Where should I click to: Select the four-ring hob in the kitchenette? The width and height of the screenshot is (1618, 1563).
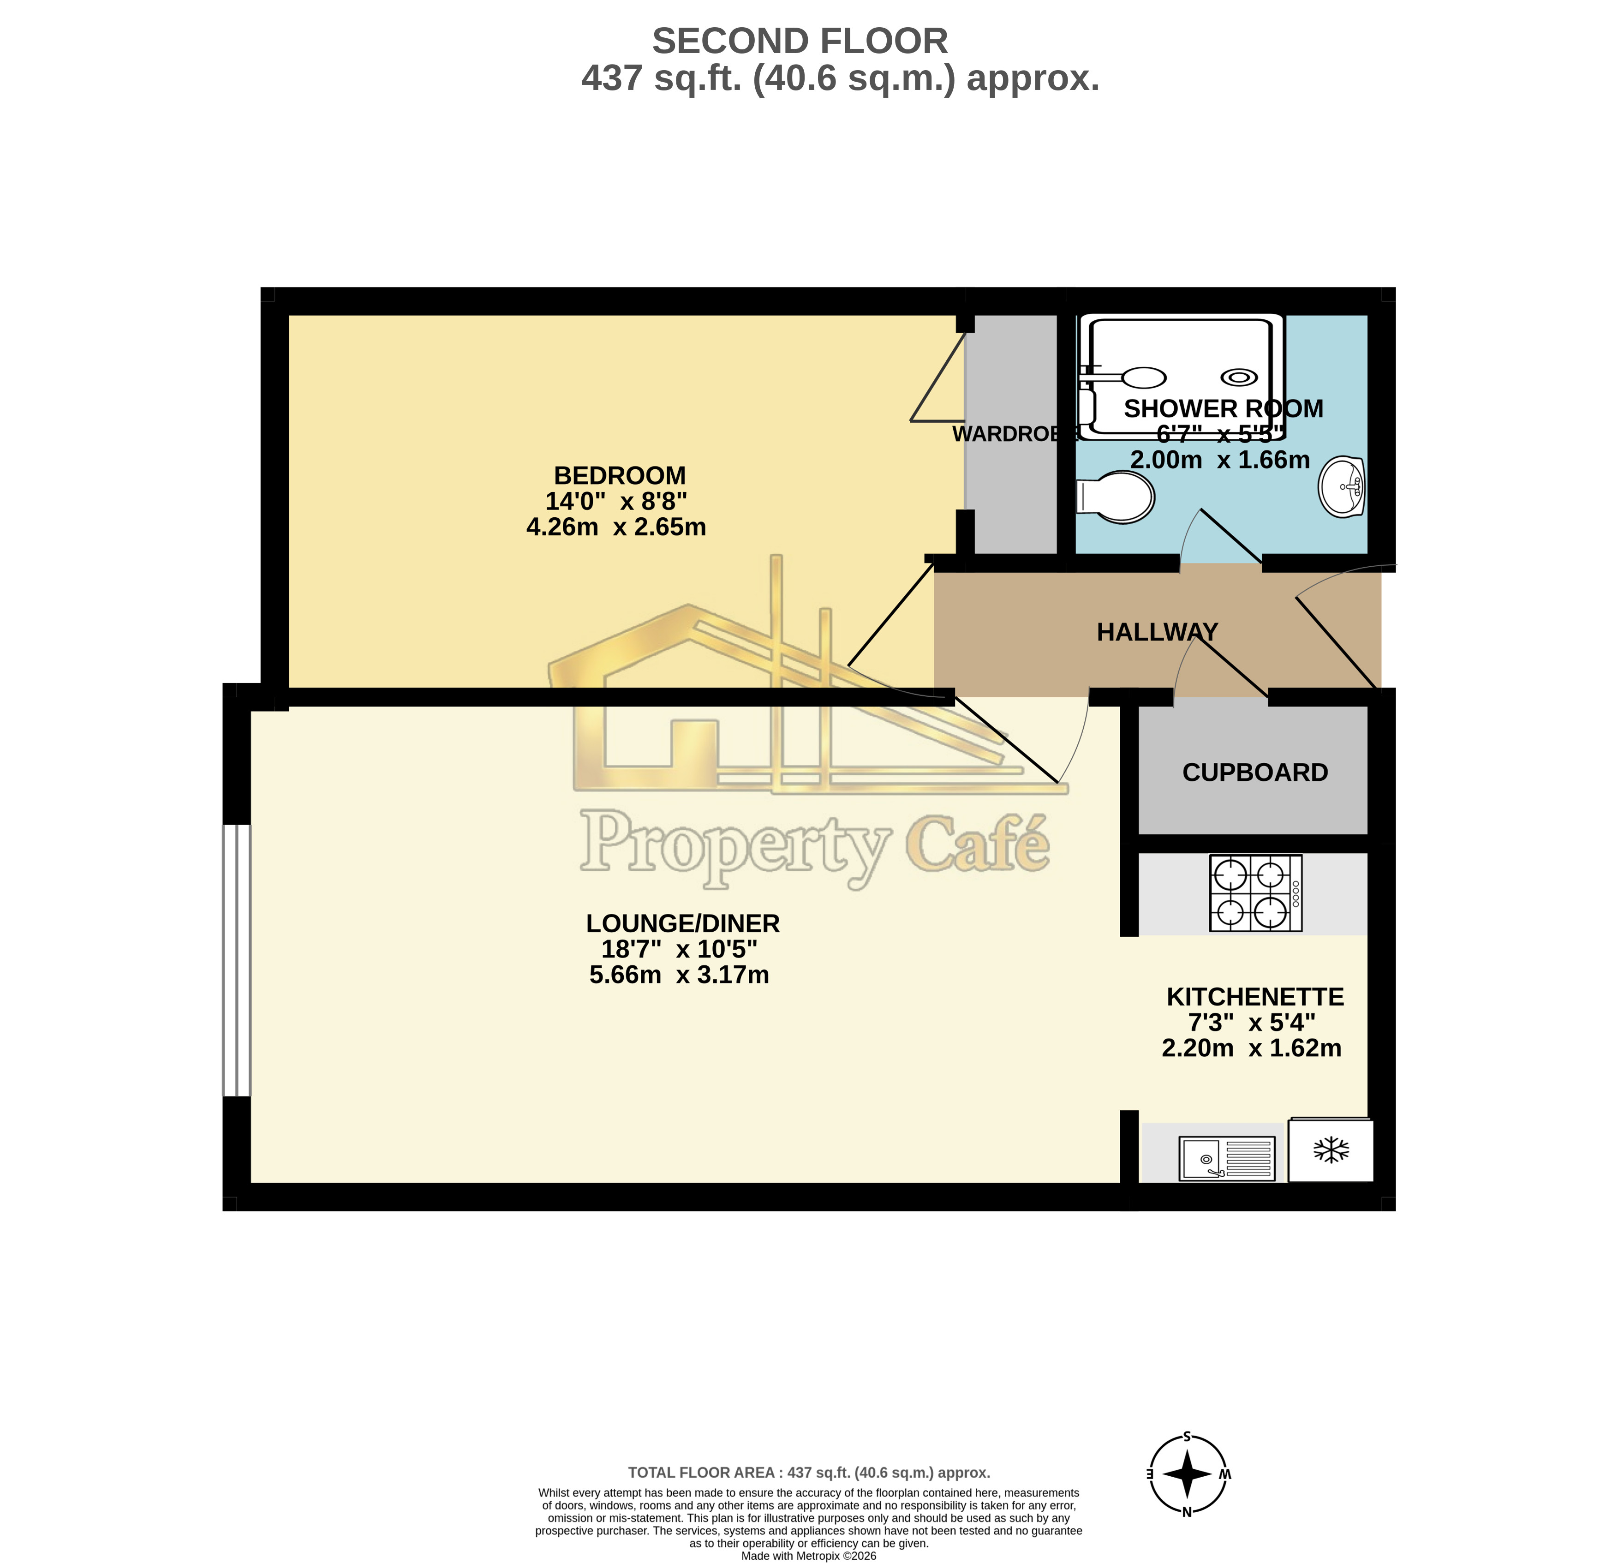pos(1255,893)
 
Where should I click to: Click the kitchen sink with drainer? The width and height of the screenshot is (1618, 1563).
pos(1227,1157)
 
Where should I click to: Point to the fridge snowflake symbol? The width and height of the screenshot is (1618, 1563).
pos(1331,1150)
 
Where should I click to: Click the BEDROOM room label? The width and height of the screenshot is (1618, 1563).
pos(619,476)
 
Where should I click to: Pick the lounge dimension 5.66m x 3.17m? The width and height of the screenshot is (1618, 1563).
pos(679,975)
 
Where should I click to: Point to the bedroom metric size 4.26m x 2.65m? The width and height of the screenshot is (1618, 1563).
pos(616,527)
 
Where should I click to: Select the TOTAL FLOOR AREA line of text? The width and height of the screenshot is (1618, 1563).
pos(808,1472)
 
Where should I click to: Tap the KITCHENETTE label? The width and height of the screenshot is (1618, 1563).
pos(1254,997)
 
